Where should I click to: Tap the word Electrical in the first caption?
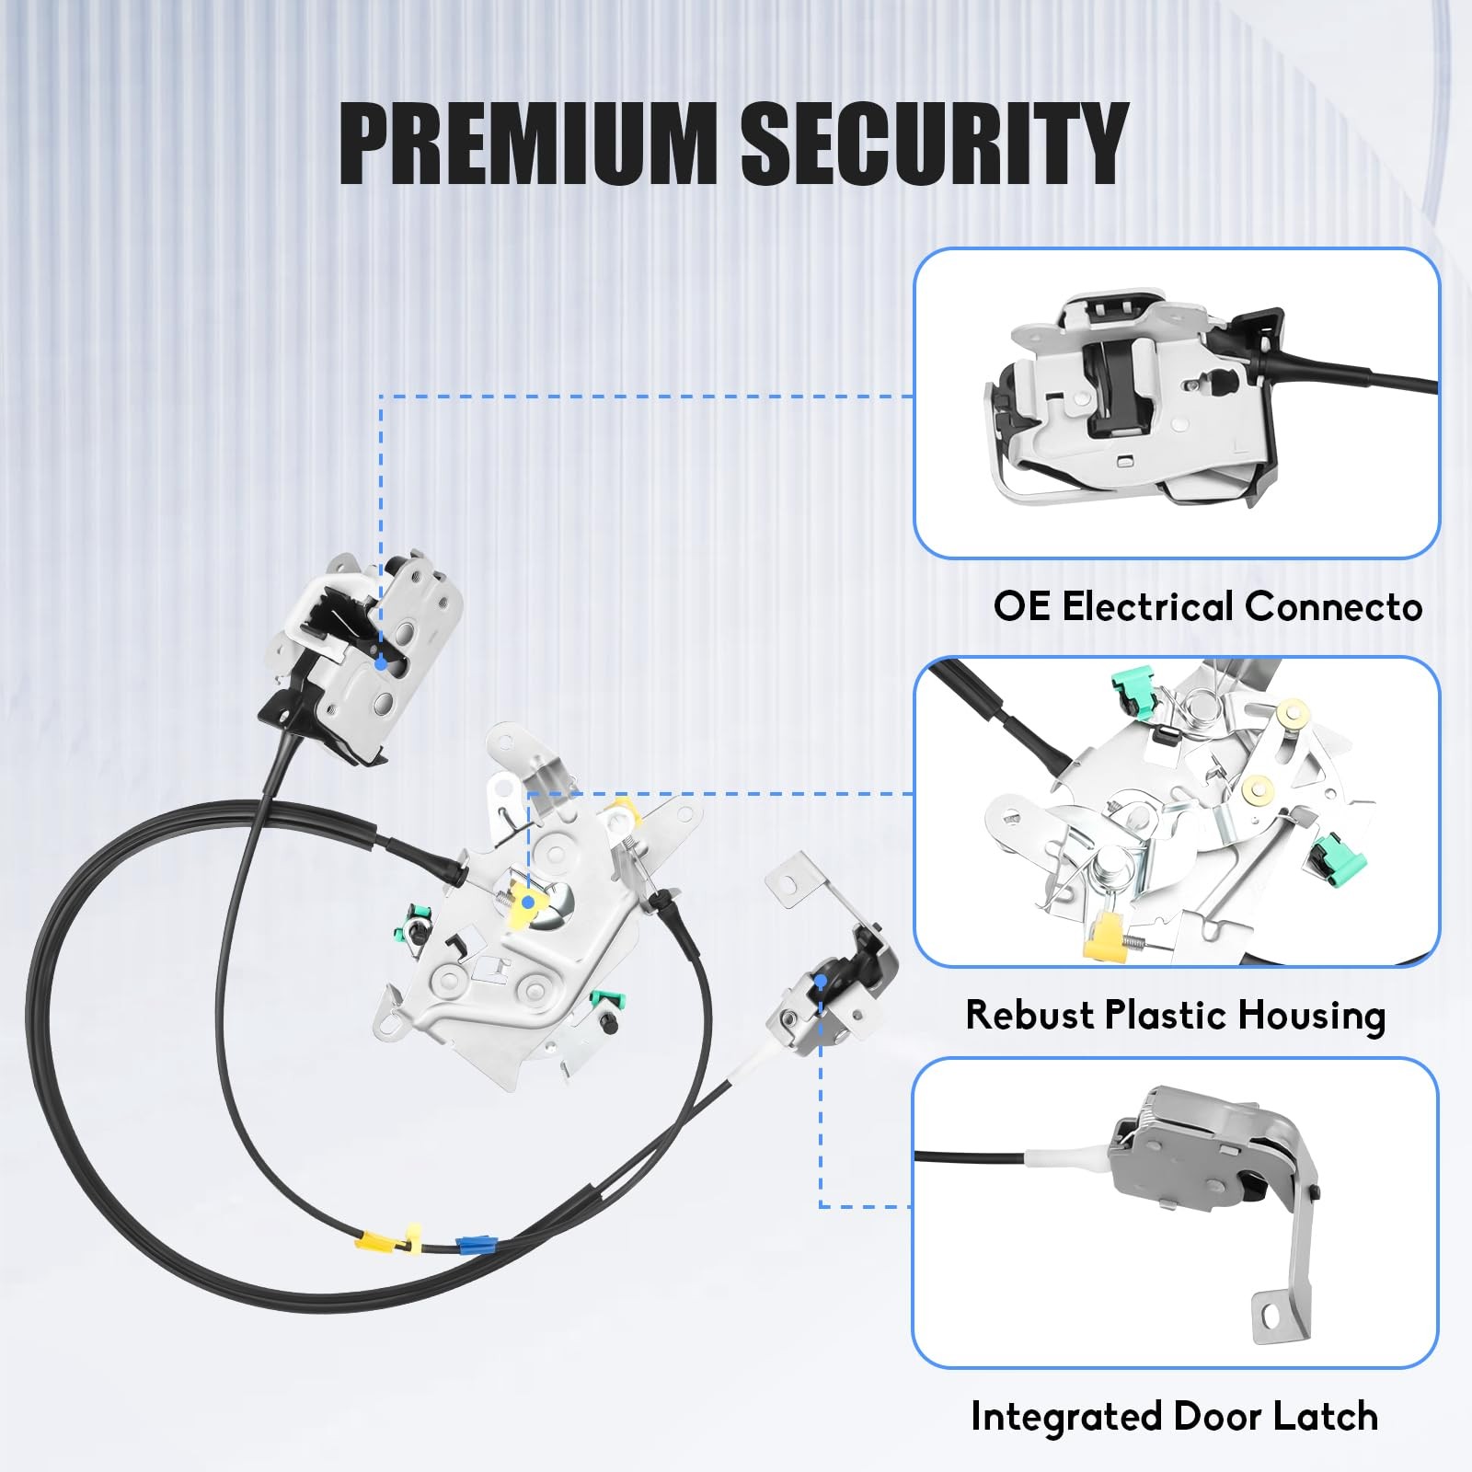pyautogui.click(x=1148, y=607)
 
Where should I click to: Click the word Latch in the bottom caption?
pyautogui.click(x=1326, y=1416)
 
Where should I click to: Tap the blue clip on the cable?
pyautogui.click(x=471, y=1246)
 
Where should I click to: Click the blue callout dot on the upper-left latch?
pyautogui.click(x=381, y=662)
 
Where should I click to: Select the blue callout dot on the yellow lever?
pyautogui.click(x=527, y=902)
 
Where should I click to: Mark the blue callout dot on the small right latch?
pyautogui.click(x=821, y=982)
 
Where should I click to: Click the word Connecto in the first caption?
pyautogui.click(x=1333, y=607)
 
